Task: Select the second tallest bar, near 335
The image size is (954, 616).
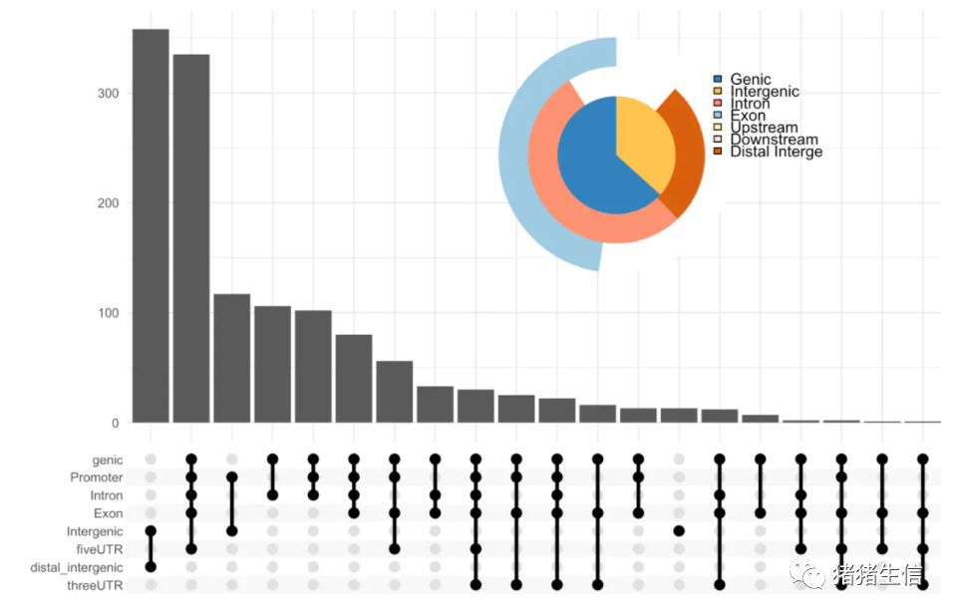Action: point(191,239)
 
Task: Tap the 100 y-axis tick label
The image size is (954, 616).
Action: point(107,313)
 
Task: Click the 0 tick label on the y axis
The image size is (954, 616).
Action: point(114,423)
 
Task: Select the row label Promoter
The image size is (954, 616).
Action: point(96,477)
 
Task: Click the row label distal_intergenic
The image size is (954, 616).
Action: point(76,567)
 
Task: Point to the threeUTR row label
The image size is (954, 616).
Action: point(96,585)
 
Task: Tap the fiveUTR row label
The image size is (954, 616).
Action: point(100,549)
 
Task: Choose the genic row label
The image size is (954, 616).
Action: point(107,460)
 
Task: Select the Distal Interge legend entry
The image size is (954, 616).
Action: point(776,152)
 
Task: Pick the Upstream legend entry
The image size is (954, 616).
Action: point(764,128)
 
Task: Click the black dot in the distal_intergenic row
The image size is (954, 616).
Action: point(151,567)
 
